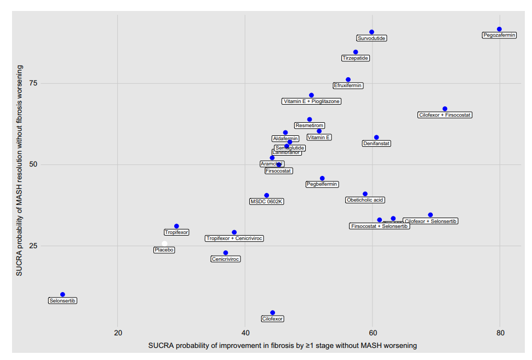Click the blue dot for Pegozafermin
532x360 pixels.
point(499,29)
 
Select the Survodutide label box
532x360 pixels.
point(371,38)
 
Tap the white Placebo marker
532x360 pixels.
point(164,243)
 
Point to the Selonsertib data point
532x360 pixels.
point(62,295)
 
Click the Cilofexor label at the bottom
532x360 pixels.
point(272,319)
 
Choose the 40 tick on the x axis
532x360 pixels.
point(245,333)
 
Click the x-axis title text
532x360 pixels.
point(282,346)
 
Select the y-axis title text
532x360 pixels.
point(19,170)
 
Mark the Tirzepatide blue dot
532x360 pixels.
point(356,52)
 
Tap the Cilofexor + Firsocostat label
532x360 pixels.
point(444,115)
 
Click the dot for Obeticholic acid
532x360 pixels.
point(365,194)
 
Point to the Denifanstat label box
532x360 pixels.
point(376,144)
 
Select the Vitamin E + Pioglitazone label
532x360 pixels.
point(311,101)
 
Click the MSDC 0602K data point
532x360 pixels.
point(267,195)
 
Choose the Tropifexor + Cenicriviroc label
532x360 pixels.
point(234,238)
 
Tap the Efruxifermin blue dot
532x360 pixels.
point(348,79)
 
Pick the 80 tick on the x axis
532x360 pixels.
point(500,333)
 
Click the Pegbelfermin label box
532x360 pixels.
point(322,184)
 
